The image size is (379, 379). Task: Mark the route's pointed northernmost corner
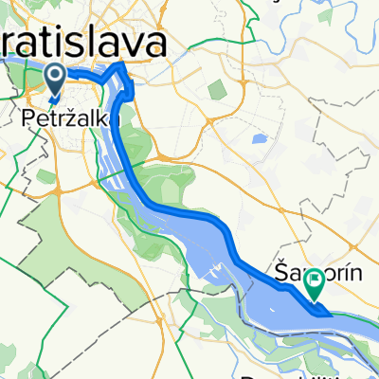(x=123, y=64)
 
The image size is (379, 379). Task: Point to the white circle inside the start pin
(x=55, y=77)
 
